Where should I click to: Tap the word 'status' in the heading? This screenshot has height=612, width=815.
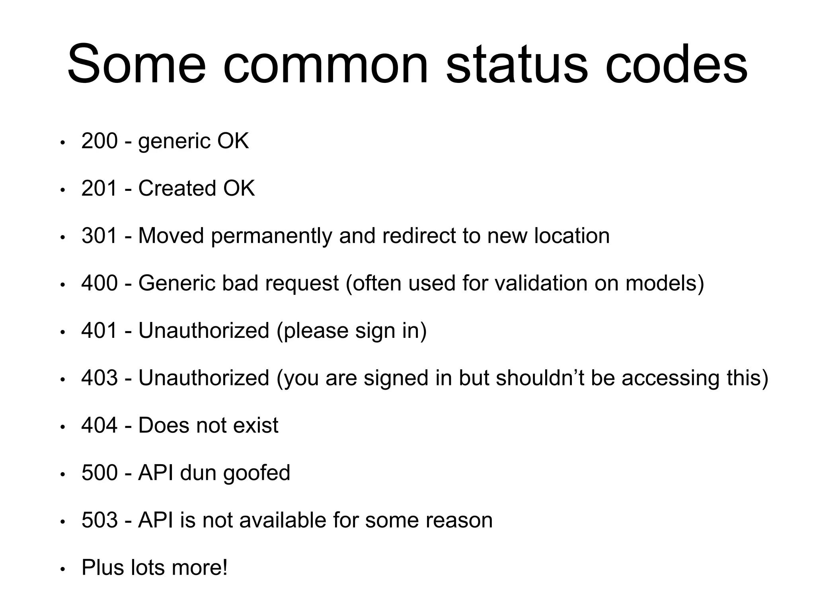(517, 65)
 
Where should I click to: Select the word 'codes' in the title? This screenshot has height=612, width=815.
(676, 65)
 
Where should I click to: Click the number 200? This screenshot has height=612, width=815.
(99, 141)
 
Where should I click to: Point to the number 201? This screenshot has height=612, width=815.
(99, 188)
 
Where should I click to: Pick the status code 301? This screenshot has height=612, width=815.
(99, 236)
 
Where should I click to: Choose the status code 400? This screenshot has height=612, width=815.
(99, 283)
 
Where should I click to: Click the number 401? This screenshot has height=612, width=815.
(99, 331)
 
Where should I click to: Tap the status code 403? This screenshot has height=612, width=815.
(99, 378)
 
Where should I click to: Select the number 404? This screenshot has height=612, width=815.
(99, 426)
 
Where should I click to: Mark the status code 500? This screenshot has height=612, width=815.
(99, 473)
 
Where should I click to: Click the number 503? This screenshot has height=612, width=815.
(99, 520)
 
